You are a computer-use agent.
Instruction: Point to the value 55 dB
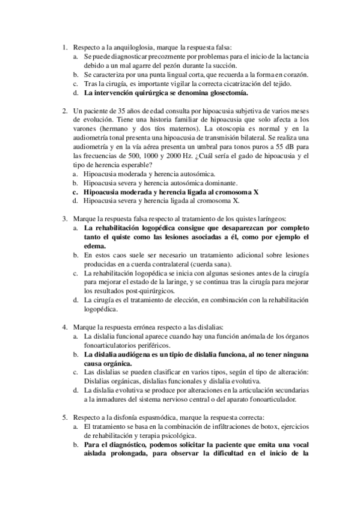[x=285, y=147]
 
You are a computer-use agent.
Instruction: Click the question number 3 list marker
[x=65, y=220]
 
